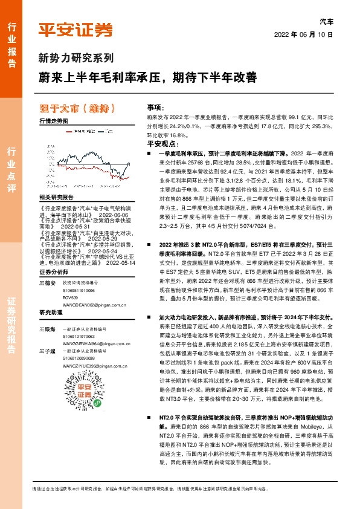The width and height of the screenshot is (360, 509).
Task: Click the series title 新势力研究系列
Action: tap(76, 58)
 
